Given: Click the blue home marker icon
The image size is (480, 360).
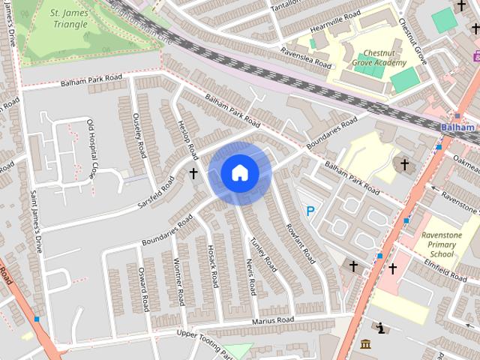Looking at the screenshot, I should point(239,173).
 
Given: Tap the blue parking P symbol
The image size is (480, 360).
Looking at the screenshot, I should point(310,212).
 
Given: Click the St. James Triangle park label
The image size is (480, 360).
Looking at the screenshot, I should point(69,18).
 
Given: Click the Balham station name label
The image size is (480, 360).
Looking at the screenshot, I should point(457,127).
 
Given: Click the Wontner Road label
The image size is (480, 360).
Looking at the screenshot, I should point(178,281).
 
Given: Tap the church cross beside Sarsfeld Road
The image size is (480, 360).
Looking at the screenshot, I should point(193,173).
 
